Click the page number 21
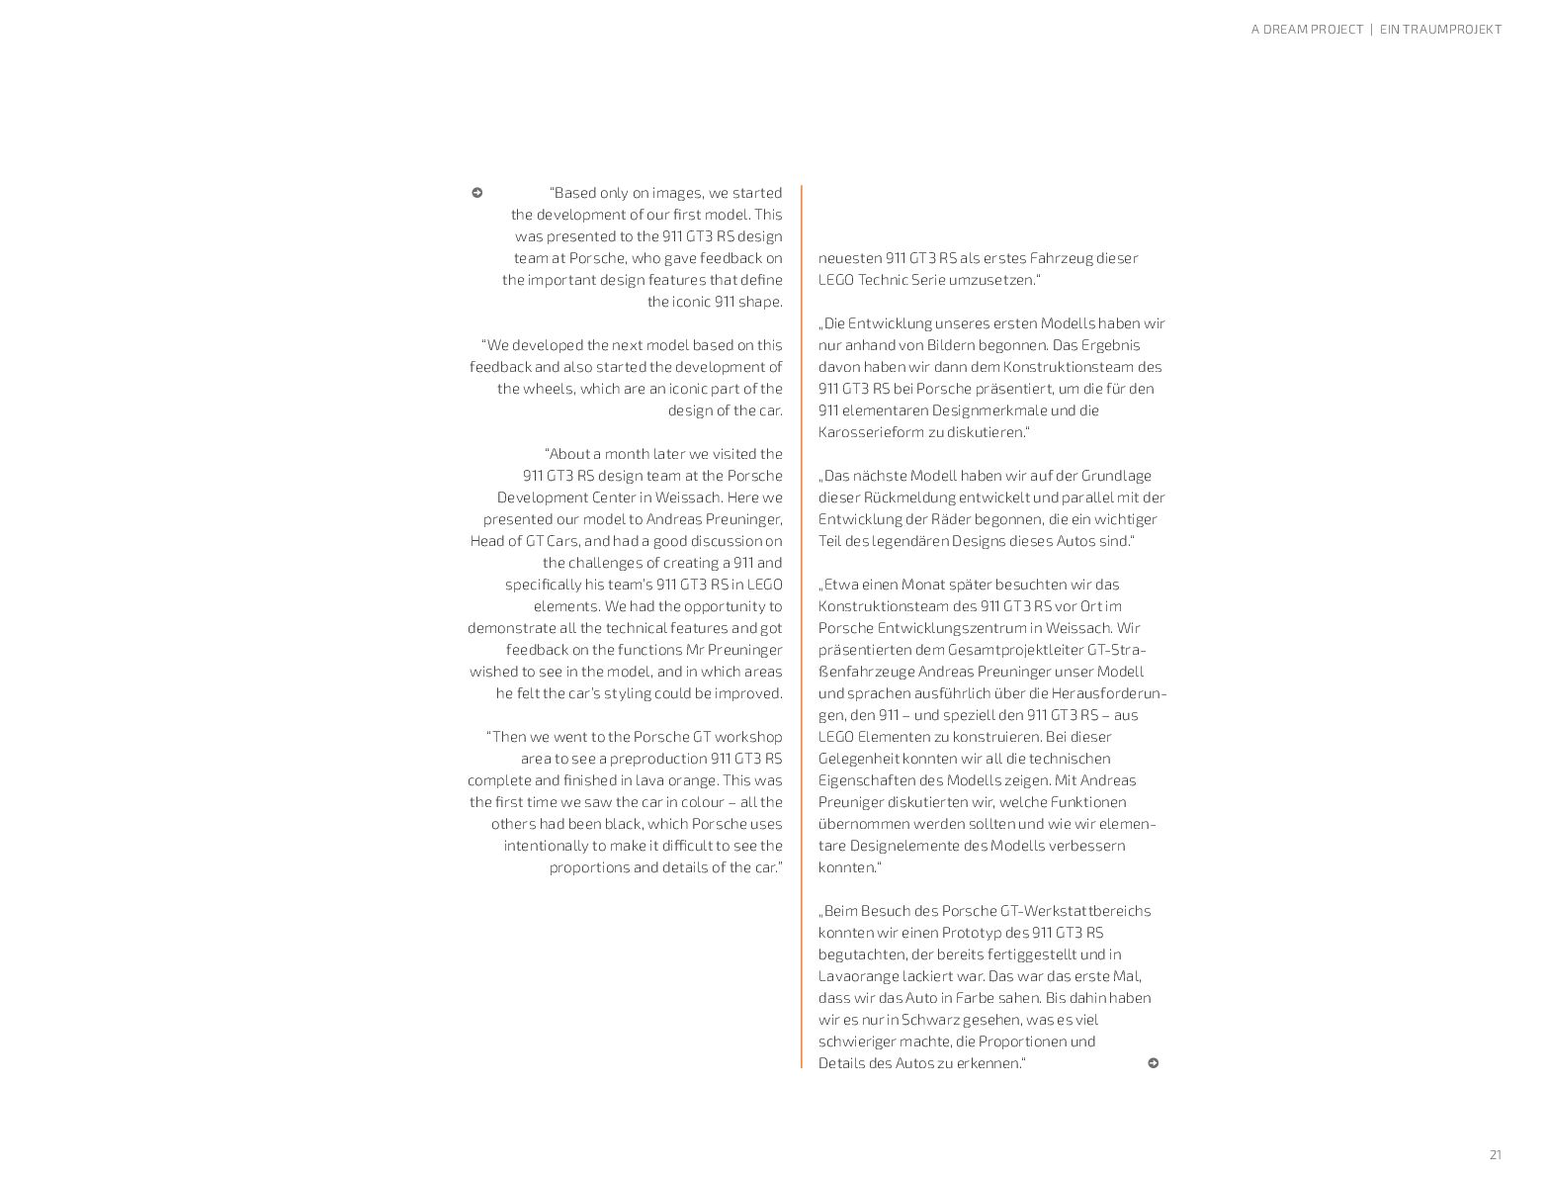coord(1495,1154)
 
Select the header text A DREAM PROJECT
coord(1307,30)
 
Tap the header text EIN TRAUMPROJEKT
coord(1440,30)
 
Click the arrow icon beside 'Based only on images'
coord(476,193)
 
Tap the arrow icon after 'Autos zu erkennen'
coord(1153,1063)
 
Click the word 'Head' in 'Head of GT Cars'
coord(489,541)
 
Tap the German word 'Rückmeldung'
coord(909,498)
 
